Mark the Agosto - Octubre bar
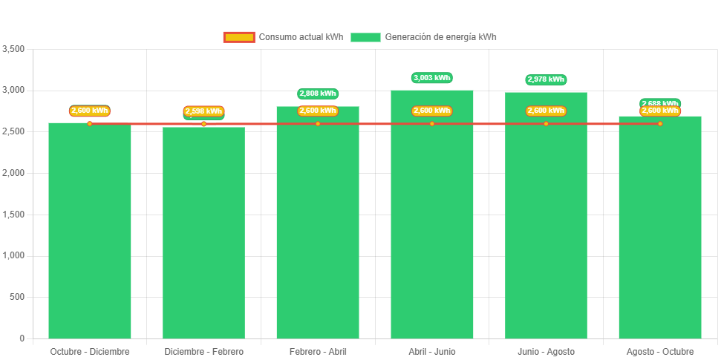click(x=660, y=230)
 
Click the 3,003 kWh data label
click(x=432, y=77)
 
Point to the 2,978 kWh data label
click(x=546, y=79)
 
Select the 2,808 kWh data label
click(x=318, y=94)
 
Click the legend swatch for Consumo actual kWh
click(x=239, y=37)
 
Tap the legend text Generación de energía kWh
click(x=441, y=37)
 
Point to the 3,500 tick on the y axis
click(x=14, y=49)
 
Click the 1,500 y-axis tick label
click(x=14, y=215)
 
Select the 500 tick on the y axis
click(x=17, y=297)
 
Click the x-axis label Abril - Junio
click(x=432, y=351)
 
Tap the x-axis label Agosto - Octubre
click(x=660, y=351)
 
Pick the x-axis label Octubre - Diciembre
click(x=90, y=351)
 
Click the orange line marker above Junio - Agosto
click(x=546, y=124)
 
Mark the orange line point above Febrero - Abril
click(x=318, y=124)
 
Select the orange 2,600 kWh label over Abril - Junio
click(x=432, y=111)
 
